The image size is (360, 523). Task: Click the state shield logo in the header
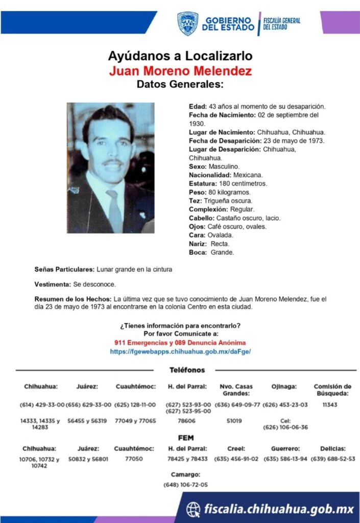coord(187,23)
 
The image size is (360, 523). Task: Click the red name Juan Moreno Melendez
coord(180,70)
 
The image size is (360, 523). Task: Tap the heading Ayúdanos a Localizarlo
coord(180,56)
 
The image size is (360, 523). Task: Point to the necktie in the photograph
coord(114,209)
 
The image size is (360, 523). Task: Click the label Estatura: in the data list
coord(203,183)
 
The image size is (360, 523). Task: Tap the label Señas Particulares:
coord(64,269)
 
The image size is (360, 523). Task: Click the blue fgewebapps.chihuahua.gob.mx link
coord(180,352)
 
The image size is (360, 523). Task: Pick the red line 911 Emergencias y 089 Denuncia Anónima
coord(180,342)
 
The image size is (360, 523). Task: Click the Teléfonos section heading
coord(187,370)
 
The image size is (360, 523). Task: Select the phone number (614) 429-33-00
coord(42,405)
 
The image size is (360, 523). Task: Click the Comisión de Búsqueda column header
coord(332,390)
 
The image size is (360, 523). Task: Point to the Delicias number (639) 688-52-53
coord(332,459)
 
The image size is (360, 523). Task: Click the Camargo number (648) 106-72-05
coord(186,484)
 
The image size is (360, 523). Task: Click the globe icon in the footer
coord(193,509)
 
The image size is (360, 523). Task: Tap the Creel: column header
coord(236,448)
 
